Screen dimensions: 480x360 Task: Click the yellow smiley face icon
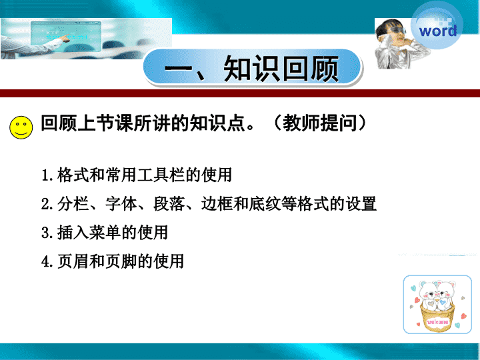pyautogui.click(x=21, y=127)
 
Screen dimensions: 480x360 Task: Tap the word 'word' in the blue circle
pyautogui.click(x=438, y=31)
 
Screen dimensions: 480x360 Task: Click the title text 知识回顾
pyautogui.click(x=281, y=69)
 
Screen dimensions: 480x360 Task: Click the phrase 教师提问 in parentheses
pyautogui.click(x=320, y=123)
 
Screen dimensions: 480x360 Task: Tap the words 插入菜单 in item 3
pyautogui.click(x=89, y=233)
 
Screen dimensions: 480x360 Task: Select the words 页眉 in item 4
pyautogui.click(x=73, y=261)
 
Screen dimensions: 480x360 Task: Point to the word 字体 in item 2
pyautogui.click(x=121, y=204)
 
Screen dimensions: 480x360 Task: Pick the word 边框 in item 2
pyautogui.click(x=217, y=204)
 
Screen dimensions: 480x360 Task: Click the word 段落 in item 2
pyautogui.click(x=169, y=204)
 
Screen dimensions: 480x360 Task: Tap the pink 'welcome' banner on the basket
pyautogui.click(x=437, y=322)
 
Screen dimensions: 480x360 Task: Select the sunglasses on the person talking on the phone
pyautogui.click(x=397, y=30)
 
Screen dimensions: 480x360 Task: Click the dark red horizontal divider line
pyautogui.click(x=240, y=93)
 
